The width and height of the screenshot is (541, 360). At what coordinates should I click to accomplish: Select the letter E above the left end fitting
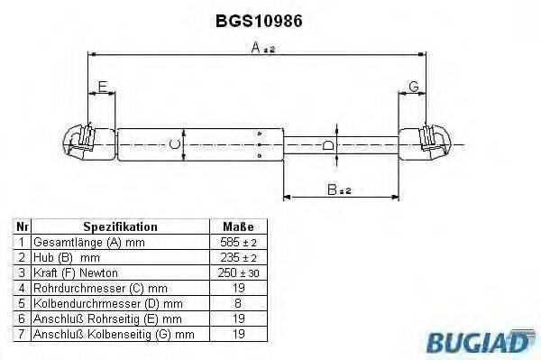tap(102, 87)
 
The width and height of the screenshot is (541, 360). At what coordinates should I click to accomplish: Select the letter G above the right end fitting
tap(413, 87)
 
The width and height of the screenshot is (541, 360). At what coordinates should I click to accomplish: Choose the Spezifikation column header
tap(120, 226)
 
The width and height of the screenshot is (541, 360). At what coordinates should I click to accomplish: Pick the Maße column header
tap(237, 226)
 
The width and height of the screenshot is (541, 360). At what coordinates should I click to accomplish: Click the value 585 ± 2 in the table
tap(237, 242)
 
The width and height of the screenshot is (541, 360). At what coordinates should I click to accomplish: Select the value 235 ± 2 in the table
tap(237, 257)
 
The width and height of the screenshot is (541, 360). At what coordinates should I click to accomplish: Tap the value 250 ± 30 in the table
tap(237, 272)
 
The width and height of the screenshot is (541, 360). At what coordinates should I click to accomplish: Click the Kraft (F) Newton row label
tap(75, 272)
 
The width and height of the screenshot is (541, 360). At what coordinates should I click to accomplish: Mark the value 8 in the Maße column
tap(237, 303)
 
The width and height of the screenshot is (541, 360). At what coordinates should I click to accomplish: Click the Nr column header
tap(23, 226)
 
